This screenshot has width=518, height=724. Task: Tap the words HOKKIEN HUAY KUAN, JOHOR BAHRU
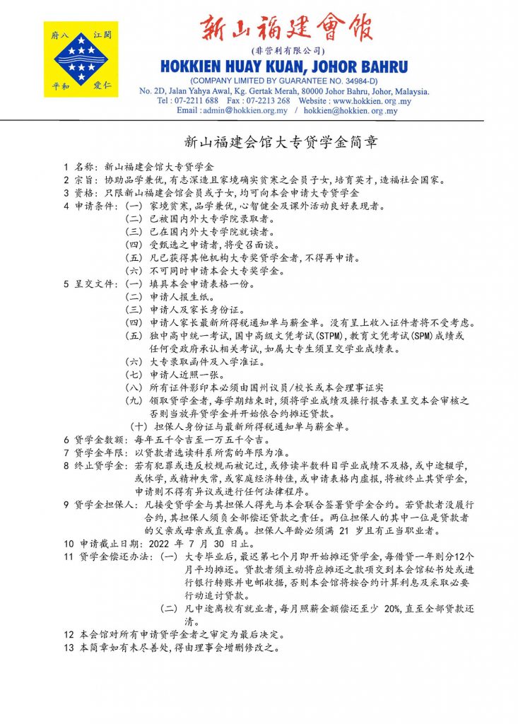pyautogui.click(x=284, y=67)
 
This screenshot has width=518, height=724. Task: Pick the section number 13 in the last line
pyautogui.click(x=69, y=648)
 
